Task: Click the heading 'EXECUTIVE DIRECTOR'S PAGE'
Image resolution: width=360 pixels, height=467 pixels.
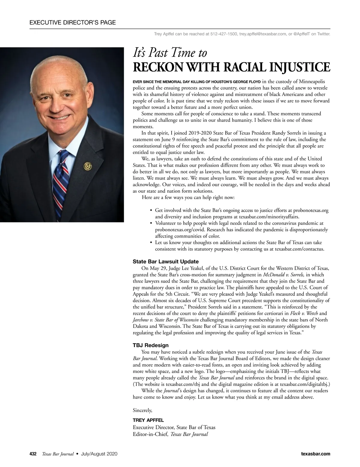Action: coord(73,22)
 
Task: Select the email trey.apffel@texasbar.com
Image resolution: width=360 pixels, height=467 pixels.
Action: coord(262,34)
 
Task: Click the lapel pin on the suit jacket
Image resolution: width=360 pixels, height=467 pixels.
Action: coord(88,165)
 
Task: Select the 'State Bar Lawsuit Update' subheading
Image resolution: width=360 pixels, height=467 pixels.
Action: coord(166,262)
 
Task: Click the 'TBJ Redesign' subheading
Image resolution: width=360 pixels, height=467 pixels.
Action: coord(151,345)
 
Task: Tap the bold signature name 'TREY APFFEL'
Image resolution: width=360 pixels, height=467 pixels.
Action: coord(148,420)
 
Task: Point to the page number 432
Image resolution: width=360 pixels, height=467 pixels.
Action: coord(33,454)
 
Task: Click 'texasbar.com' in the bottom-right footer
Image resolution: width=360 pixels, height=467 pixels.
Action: coord(315,454)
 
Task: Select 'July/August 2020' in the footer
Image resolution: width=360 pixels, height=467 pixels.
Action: coord(99,454)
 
